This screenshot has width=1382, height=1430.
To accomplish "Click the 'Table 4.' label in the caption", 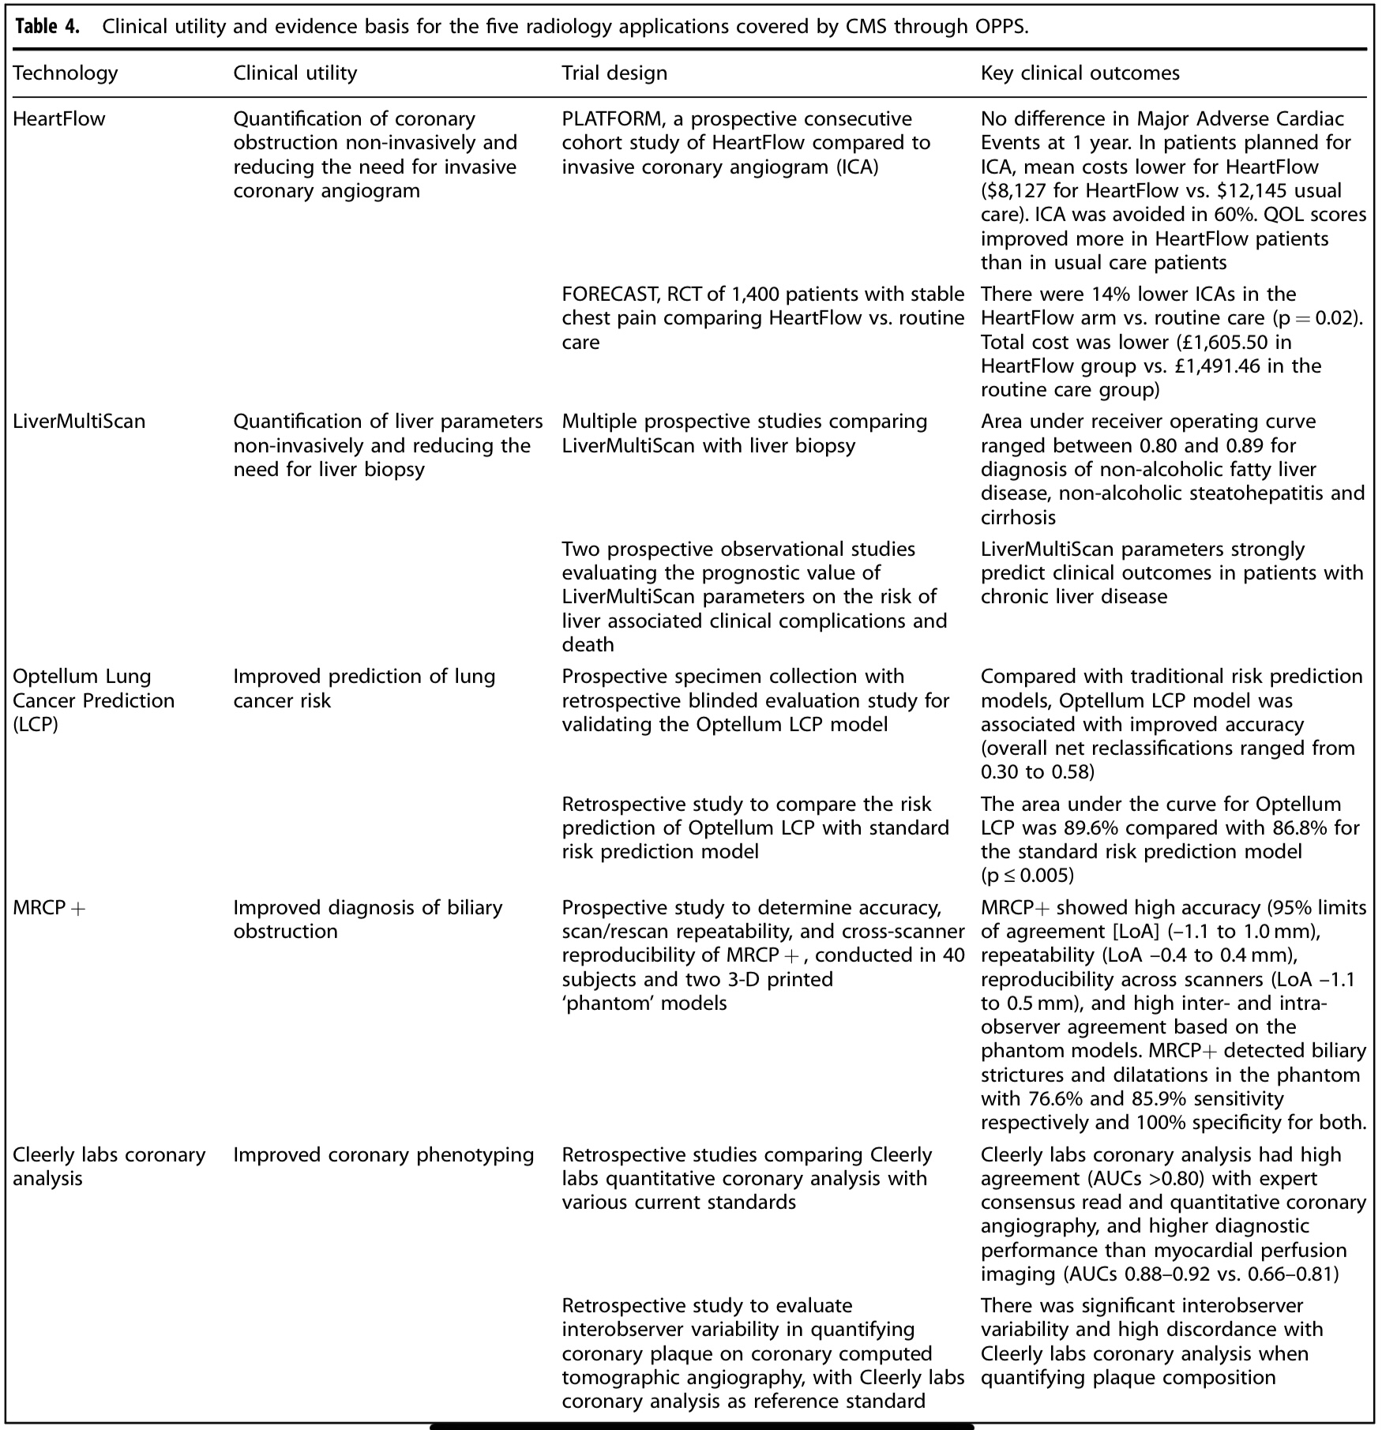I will tap(47, 27).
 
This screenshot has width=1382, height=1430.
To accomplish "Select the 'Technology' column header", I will tap(66, 73).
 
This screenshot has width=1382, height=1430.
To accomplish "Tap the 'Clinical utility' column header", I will tap(295, 73).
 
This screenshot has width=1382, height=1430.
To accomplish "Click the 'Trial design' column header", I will tap(614, 73).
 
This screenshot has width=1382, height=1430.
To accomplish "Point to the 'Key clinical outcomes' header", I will tap(1080, 73).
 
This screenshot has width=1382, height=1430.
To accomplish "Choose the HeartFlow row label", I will tap(59, 119).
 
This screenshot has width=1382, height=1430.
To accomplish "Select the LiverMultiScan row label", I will tap(79, 422).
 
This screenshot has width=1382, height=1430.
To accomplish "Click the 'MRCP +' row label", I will tap(49, 908).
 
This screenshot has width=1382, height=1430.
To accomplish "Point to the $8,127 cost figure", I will tap(1014, 191).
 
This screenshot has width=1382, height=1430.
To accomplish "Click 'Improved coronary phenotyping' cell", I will tap(384, 1155).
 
